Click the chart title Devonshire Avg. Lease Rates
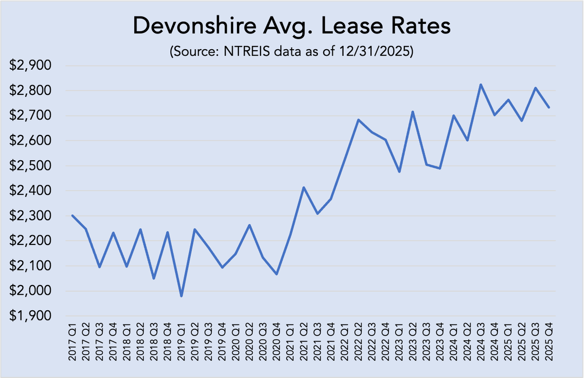292,27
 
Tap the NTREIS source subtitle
292,53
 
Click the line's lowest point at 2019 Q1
181,296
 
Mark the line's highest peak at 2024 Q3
481,85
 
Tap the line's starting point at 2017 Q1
73,215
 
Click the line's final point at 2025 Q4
549,107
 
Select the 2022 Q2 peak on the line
358,120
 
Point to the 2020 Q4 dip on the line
276,274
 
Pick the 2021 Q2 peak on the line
304,188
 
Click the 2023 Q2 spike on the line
413,112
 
